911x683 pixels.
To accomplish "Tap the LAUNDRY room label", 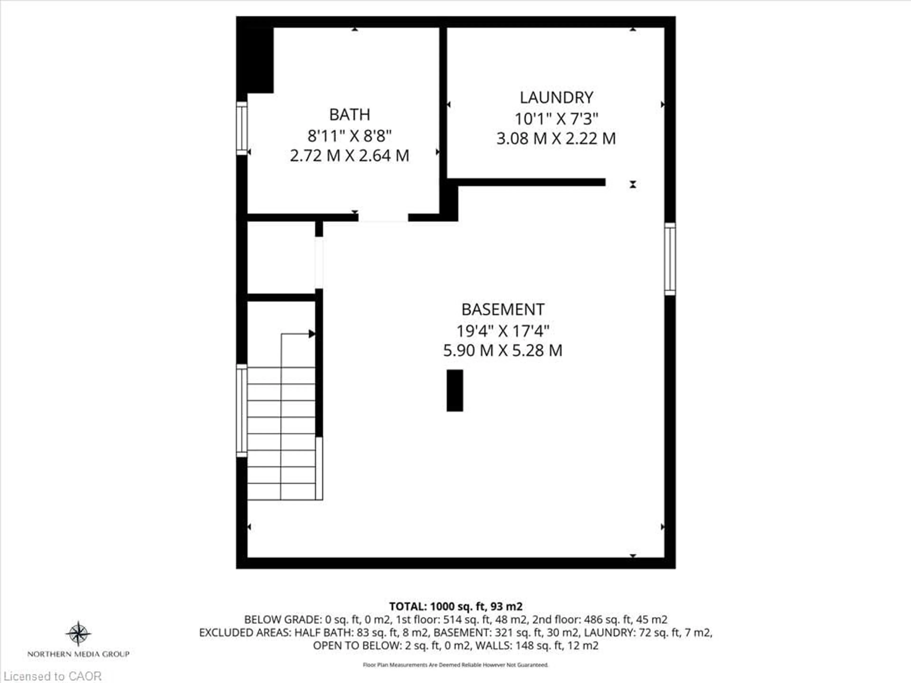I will [x=556, y=97].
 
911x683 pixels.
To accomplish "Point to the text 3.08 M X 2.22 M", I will [x=556, y=138].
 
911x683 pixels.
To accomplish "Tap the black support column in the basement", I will [x=455, y=390].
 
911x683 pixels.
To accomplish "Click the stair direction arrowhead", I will [x=312, y=333].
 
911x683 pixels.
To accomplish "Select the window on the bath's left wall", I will [x=242, y=129].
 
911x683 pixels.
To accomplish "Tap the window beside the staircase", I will [x=242, y=411].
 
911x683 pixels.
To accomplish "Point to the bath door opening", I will [x=383, y=218].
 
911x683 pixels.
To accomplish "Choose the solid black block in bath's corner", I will [x=255, y=60].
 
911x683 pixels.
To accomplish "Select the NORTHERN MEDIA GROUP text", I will [x=78, y=654].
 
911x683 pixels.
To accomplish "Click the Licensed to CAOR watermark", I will [x=52, y=676].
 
